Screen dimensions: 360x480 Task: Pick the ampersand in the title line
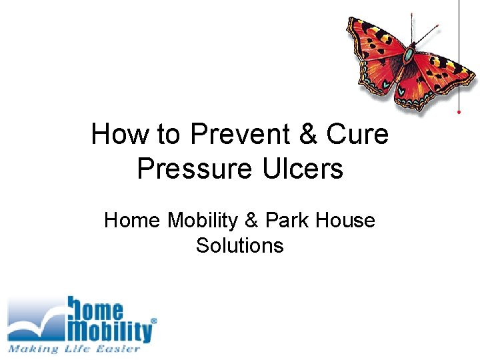307,135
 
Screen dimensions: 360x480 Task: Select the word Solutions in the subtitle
240,245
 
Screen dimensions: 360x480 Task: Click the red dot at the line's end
459,112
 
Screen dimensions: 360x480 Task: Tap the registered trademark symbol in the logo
155,321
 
